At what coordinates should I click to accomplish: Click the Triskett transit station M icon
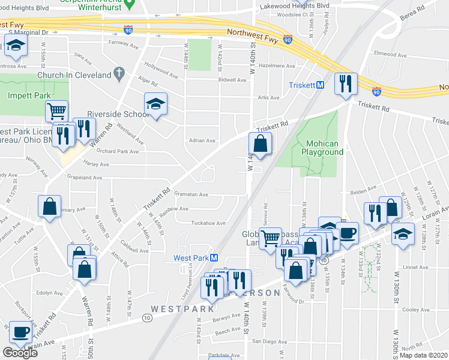[x=321, y=85]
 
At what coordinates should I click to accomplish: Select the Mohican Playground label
[x=325, y=148]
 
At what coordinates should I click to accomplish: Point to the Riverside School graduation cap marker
[x=155, y=105]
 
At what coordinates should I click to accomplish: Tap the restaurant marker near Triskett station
[x=345, y=85]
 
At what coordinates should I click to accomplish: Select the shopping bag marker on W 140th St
[x=260, y=144]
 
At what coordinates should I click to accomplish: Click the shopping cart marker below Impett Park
[x=56, y=111]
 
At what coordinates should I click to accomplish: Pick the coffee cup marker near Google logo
[x=21, y=332]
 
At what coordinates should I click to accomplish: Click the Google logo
[x=20, y=353]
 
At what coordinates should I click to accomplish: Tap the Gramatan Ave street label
[x=191, y=194]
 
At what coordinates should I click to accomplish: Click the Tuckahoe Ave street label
[x=208, y=223]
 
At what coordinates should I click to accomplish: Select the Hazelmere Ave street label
[x=276, y=66]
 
